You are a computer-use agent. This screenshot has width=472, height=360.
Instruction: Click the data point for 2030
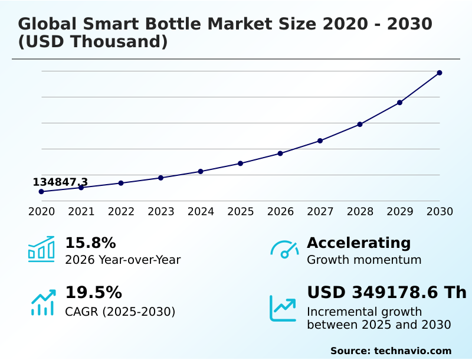440,73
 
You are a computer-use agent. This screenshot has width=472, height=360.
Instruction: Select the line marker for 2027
320,140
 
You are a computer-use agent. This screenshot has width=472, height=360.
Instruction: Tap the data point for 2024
201,171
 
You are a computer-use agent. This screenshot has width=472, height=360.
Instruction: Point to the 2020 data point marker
41,191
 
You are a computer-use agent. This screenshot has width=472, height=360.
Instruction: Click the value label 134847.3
60,182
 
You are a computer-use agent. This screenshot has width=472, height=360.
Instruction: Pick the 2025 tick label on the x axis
241,211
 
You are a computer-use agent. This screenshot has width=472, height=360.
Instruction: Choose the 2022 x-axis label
121,211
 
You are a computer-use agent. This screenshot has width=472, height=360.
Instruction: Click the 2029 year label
400,211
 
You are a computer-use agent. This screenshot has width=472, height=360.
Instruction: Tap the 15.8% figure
90,243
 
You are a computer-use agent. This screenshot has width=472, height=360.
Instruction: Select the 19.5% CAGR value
93,293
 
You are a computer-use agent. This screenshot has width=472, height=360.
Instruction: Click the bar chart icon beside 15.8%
41,249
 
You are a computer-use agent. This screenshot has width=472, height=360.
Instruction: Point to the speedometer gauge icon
284,249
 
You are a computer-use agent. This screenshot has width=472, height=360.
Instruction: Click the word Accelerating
359,243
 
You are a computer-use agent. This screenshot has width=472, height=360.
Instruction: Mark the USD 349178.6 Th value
386,293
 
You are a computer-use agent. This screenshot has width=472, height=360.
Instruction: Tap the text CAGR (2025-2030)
120,312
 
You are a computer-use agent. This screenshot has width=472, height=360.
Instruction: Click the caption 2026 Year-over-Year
123,260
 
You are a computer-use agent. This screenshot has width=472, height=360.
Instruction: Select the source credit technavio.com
413,351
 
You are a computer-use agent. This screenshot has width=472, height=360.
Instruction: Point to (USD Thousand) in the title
93,42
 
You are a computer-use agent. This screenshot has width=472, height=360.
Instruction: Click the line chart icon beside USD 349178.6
283,308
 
